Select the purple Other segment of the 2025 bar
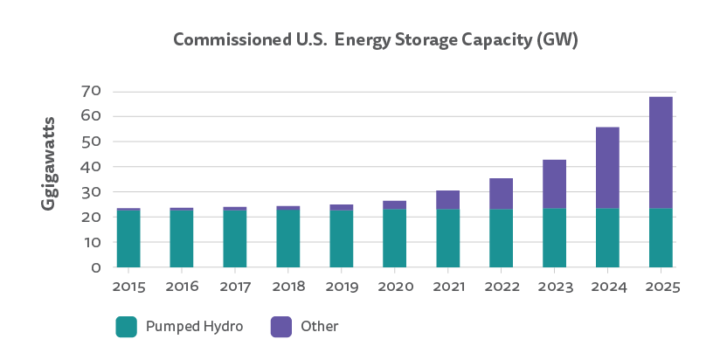point(661,152)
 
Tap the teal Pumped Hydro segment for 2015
point(128,239)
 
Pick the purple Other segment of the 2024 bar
point(607,168)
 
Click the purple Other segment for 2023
point(554,184)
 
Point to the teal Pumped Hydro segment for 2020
point(394,238)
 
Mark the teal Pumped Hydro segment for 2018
point(288,239)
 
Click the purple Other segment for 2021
point(447,200)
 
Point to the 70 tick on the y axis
point(91,91)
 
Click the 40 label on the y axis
point(91,167)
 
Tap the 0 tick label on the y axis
point(97,267)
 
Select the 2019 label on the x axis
point(342,286)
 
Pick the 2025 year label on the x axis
point(661,286)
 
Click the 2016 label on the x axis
point(182,286)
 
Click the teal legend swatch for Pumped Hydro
point(128,327)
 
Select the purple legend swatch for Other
point(280,327)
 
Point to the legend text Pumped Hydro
point(193,327)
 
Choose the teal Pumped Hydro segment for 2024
point(607,238)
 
